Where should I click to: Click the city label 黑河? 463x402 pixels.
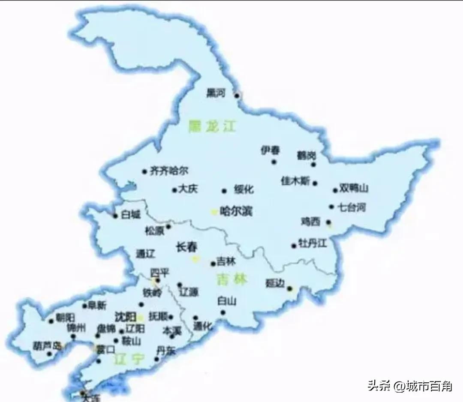click(x=215, y=93)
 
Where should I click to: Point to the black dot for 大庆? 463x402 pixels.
click(x=174, y=190)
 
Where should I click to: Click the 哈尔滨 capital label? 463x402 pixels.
click(x=235, y=211)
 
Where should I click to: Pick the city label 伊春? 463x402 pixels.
click(x=270, y=150)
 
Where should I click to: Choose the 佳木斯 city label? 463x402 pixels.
click(x=295, y=181)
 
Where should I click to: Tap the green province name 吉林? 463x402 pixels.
click(x=232, y=280)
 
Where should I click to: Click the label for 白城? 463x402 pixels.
click(x=130, y=215)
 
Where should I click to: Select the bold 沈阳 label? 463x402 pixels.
click(x=126, y=317)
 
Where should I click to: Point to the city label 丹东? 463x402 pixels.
click(x=166, y=351)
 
